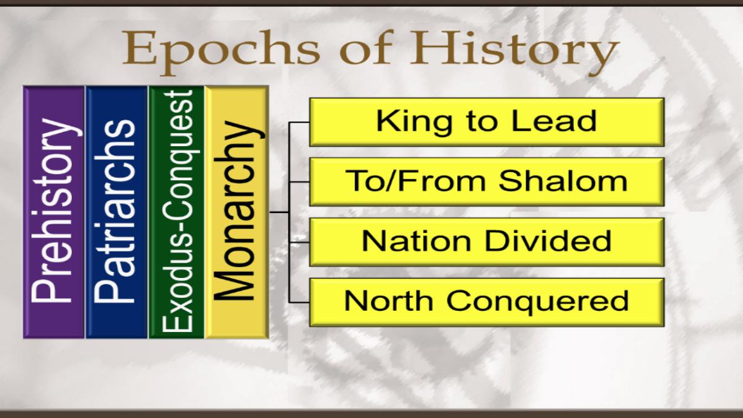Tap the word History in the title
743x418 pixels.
515,51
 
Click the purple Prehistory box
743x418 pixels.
54,212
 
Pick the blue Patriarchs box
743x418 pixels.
116,212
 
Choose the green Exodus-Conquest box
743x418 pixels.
176,212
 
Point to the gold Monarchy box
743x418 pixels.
237,212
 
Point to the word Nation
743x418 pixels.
417,241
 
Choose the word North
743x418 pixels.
389,300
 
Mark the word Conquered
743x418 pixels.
537,301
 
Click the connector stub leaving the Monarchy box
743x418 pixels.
279,212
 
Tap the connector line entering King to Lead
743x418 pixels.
299,122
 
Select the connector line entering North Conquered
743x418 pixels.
299,302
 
